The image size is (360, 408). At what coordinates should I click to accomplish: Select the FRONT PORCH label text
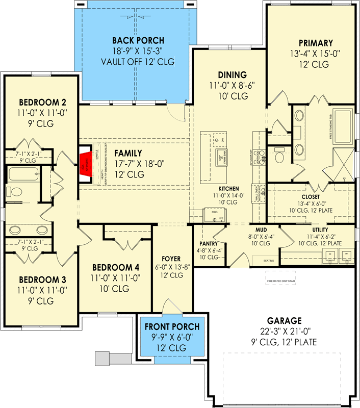click(172, 326)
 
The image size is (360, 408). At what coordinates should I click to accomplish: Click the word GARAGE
click(284, 320)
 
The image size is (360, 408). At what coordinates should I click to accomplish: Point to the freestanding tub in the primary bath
click(342, 126)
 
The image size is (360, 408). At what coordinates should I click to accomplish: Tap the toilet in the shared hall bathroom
click(14, 192)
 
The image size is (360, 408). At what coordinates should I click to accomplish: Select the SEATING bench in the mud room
click(269, 260)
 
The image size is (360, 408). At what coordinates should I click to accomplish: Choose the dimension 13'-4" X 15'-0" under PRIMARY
click(312, 54)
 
